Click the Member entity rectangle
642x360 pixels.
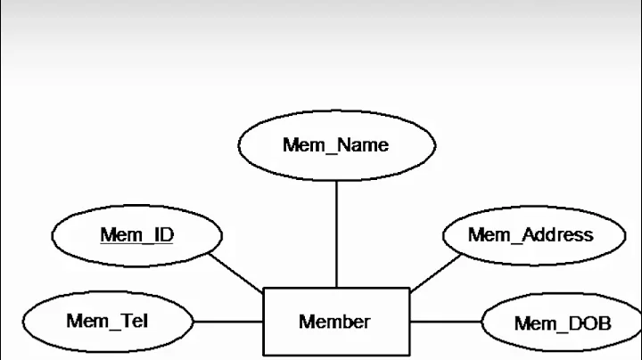click(x=336, y=322)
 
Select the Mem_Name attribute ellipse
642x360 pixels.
click(x=336, y=145)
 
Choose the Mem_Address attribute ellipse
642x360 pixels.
click(x=531, y=235)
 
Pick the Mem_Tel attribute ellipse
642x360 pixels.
click(x=107, y=320)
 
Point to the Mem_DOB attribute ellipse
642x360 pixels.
click(x=562, y=323)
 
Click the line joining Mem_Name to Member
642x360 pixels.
click(x=336, y=232)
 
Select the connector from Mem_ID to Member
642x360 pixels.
click(x=235, y=272)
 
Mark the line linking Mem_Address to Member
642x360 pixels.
click(x=437, y=272)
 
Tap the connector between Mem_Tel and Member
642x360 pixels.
click(x=227, y=321)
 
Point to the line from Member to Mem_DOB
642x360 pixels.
click(x=446, y=321)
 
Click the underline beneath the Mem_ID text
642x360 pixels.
click(x=136, y=244)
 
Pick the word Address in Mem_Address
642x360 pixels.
click(x=558, y=235)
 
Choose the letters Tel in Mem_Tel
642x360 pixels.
click(x=134, y=319)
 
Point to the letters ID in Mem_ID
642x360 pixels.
click(x=162, y=235)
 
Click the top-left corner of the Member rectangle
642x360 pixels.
click(x=263, y=289)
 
